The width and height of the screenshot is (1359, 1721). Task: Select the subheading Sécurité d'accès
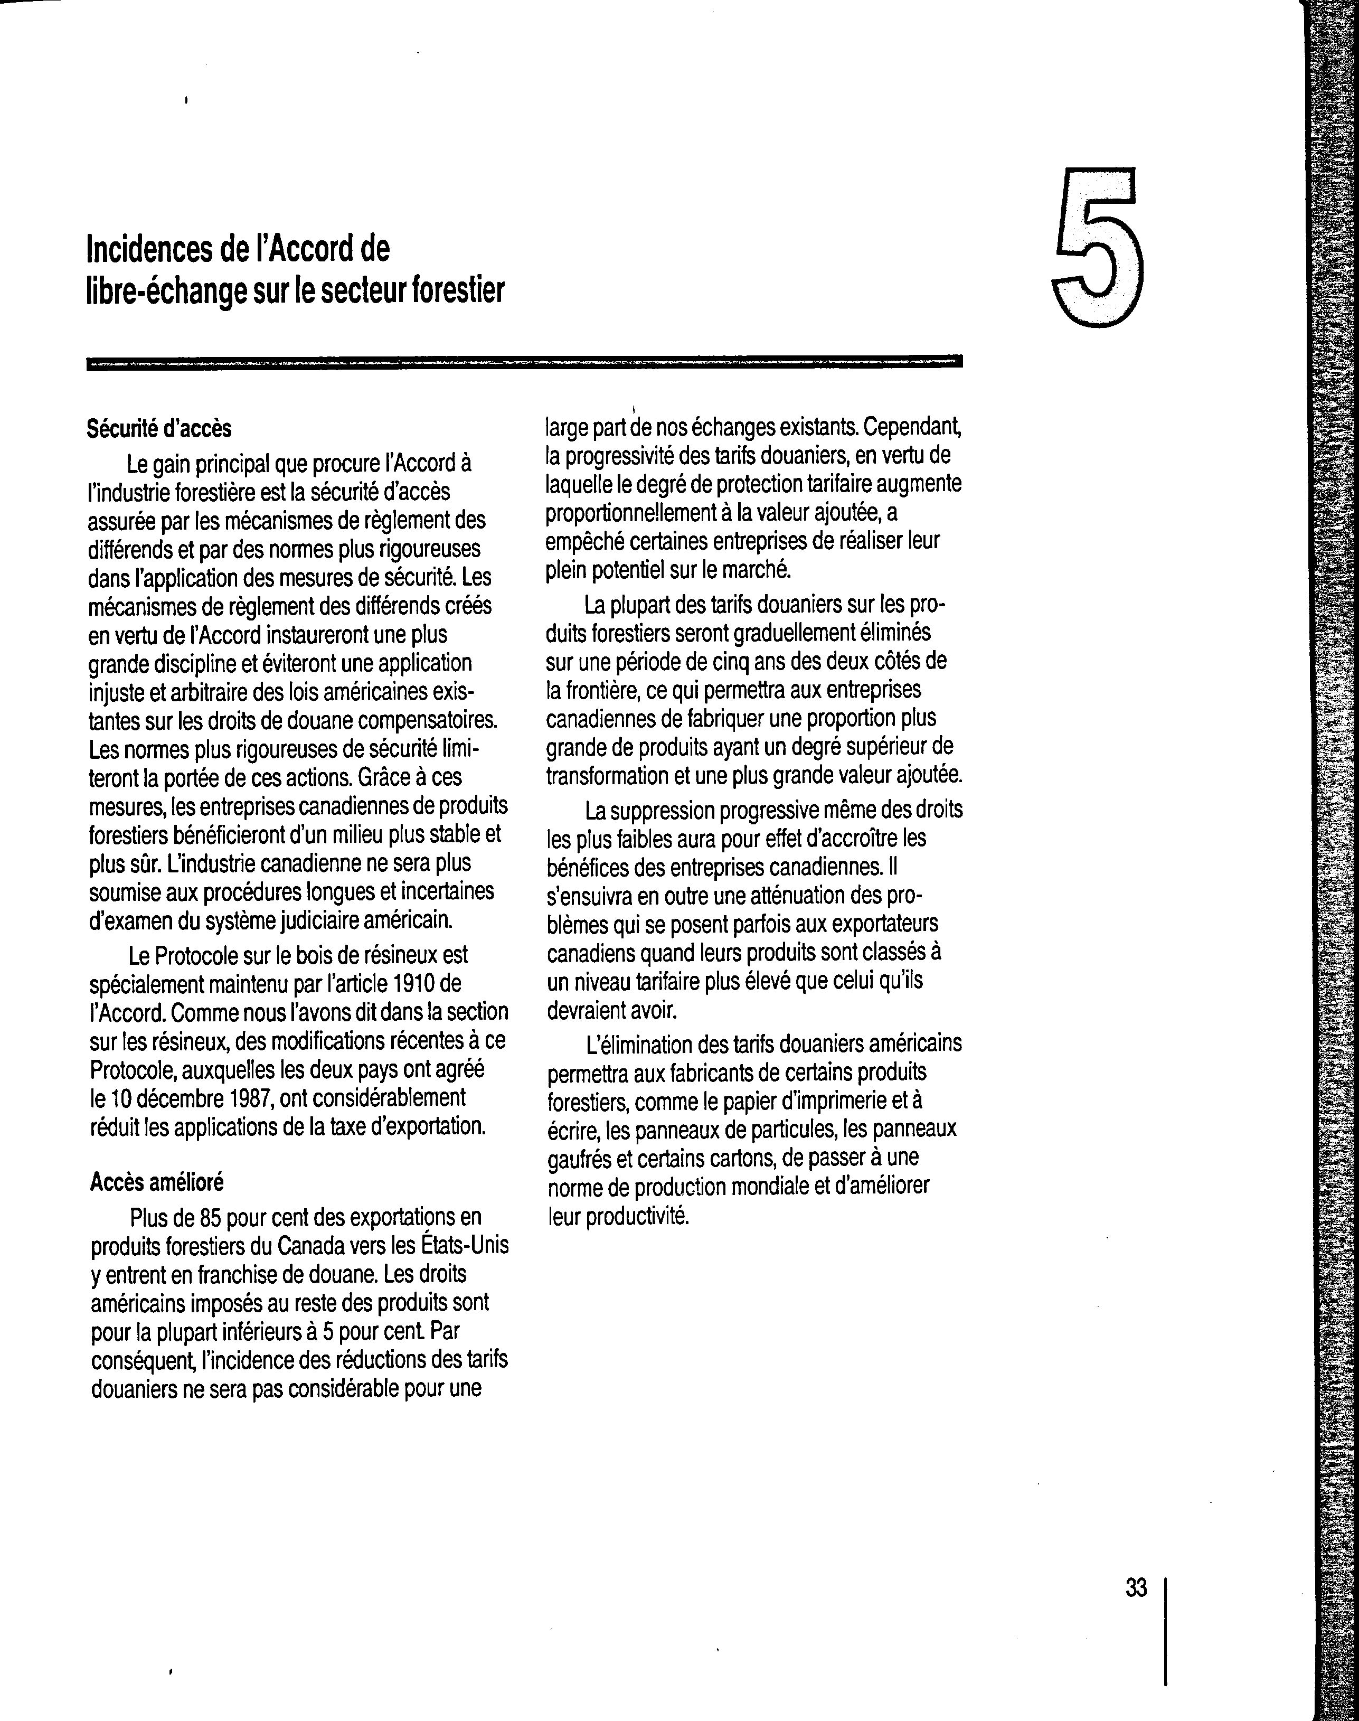click(x=159, y=429)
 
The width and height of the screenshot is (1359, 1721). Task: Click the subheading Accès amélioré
click(x=157, y=1182)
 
